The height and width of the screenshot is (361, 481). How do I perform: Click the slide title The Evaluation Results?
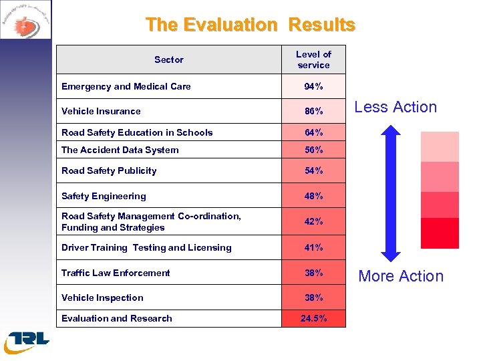(251, 25)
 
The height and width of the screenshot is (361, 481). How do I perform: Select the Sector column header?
(168, 59)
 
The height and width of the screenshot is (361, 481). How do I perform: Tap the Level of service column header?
(313, 59)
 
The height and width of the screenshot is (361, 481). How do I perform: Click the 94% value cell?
(313, 86)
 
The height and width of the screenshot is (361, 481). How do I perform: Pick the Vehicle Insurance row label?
(101, 111)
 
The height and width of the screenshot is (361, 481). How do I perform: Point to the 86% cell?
(313, 111)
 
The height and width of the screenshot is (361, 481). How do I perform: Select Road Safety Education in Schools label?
(137, 132)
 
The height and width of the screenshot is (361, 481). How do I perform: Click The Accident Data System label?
(120, 150)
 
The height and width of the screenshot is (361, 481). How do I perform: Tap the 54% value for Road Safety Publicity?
(313, 170)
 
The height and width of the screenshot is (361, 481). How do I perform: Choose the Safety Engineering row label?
(104, 196)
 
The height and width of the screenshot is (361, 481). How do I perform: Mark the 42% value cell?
(313, 221)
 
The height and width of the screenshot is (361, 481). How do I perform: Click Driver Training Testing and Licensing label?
(146, 247)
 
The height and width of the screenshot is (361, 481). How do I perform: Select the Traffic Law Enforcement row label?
(116, 273)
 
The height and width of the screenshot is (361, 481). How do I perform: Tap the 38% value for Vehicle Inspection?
(313, 297)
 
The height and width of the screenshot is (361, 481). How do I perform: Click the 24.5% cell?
(313, 318)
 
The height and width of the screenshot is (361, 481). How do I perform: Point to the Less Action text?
(395, 107)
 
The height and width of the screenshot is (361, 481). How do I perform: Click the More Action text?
(401, 276)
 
